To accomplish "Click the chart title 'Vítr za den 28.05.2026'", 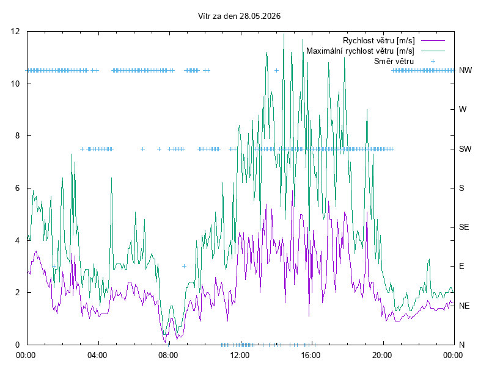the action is coord(239,16).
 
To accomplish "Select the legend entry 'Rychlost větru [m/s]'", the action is coord(378,40).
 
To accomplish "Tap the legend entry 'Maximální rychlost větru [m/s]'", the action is coord(360,51).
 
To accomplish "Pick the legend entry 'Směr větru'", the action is coord(394,61).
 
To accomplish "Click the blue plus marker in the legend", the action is coord(433,62).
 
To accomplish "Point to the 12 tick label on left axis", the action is coord(15,32).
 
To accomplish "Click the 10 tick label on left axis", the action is coord(15,84).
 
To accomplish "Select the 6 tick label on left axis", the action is coord(17,188).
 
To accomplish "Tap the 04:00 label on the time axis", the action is coord(97,355).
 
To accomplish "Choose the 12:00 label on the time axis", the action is coord(240,355).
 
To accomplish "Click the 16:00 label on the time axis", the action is coord(311,355).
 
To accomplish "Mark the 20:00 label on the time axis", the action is coord(382,355).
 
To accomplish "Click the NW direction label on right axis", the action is coord(465,71).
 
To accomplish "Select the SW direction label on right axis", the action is coord(465,149).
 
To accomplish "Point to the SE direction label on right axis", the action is coord(464,227).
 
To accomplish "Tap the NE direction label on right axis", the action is coord(464,306).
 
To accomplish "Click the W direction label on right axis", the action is coord(463,110).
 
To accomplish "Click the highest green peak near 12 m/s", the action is coord(284,34).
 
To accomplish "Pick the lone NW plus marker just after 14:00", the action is coord(276,71).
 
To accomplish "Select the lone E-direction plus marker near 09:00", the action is coord(185,266).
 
